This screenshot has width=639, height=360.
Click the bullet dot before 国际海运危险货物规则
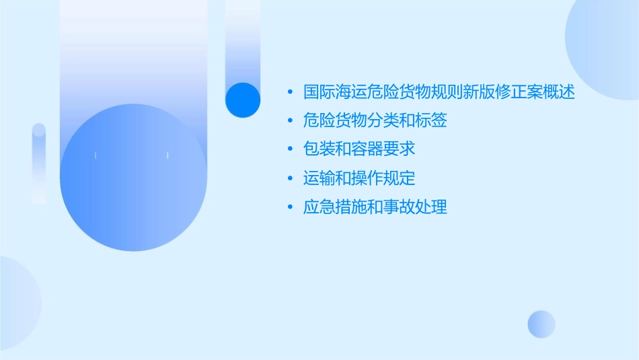(290, 93)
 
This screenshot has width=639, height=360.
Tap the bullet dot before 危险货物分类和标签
(290, 122)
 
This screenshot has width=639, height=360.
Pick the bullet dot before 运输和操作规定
(290, 179)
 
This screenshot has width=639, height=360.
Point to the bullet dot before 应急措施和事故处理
(290, 207)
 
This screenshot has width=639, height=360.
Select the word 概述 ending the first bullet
(561, 92)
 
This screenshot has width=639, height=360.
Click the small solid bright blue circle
(243, 100)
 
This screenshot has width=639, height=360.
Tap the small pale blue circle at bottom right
(541, 324)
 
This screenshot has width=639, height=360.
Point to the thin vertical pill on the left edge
(39, 163)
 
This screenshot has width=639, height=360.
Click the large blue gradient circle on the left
(133, 178)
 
